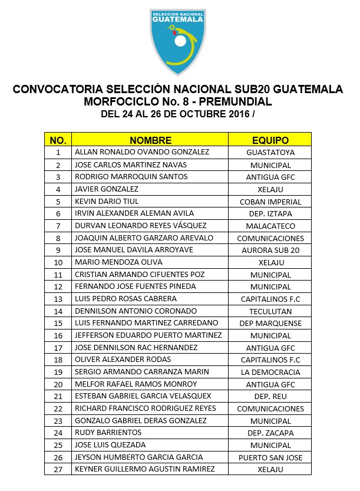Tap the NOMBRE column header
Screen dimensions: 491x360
point(151,140)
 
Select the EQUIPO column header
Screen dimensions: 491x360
point(270,140)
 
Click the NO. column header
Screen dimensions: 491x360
point(58,140)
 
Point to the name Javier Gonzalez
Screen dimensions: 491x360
point(107,189)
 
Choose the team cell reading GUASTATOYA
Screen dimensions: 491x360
point(270,152)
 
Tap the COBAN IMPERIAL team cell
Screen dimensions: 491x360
point(270,202)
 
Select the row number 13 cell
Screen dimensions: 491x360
point(58,299)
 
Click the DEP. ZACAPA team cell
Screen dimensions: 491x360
point(270,433)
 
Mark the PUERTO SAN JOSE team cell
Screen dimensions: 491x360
point(270,457)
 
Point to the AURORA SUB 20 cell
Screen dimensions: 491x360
point(270,251)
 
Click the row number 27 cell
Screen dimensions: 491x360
point(58,469)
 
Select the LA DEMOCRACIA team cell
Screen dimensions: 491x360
point(270,372)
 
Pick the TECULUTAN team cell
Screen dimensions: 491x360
point(270,311)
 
